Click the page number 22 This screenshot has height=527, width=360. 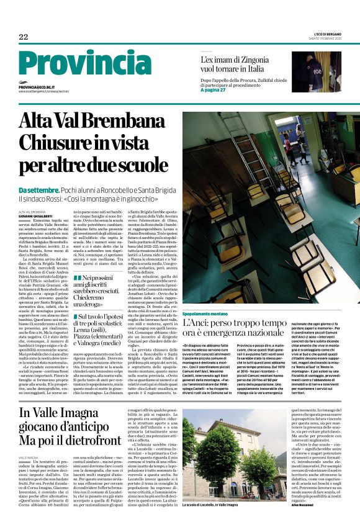(24, 37)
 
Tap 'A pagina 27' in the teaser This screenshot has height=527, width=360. (214, 90)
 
